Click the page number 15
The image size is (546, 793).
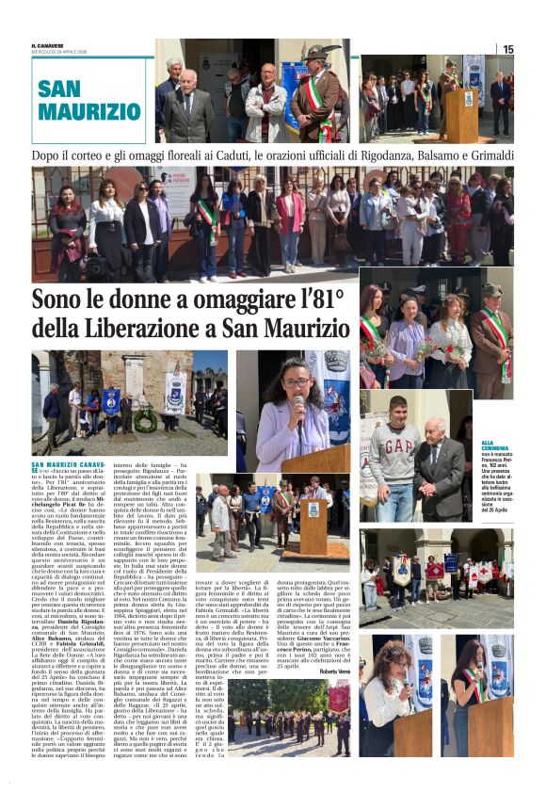pyautogui.click(x=507, y=49)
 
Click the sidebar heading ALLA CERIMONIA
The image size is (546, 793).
pyautogui.click(x=498, y=445)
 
